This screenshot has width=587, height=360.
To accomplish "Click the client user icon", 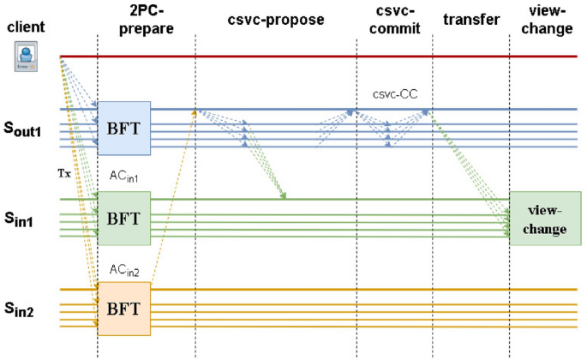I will pyautogui.click(x=25, y=58).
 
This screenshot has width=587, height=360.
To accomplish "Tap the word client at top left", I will pyautogui.click(x=26, y=27).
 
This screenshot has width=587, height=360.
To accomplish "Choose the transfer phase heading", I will pyautogui.click(x=471, y=18).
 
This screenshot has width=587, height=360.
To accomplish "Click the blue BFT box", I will pyautogui.click(x=123, y=127).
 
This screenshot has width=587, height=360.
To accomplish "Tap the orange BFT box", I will pyautogui.click(x=123, y=307).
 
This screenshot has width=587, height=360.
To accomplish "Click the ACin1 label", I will pyautogui.click(x=123, y=176).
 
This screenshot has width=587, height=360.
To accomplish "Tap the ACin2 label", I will pyautogui.click(x=123, y=269).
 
